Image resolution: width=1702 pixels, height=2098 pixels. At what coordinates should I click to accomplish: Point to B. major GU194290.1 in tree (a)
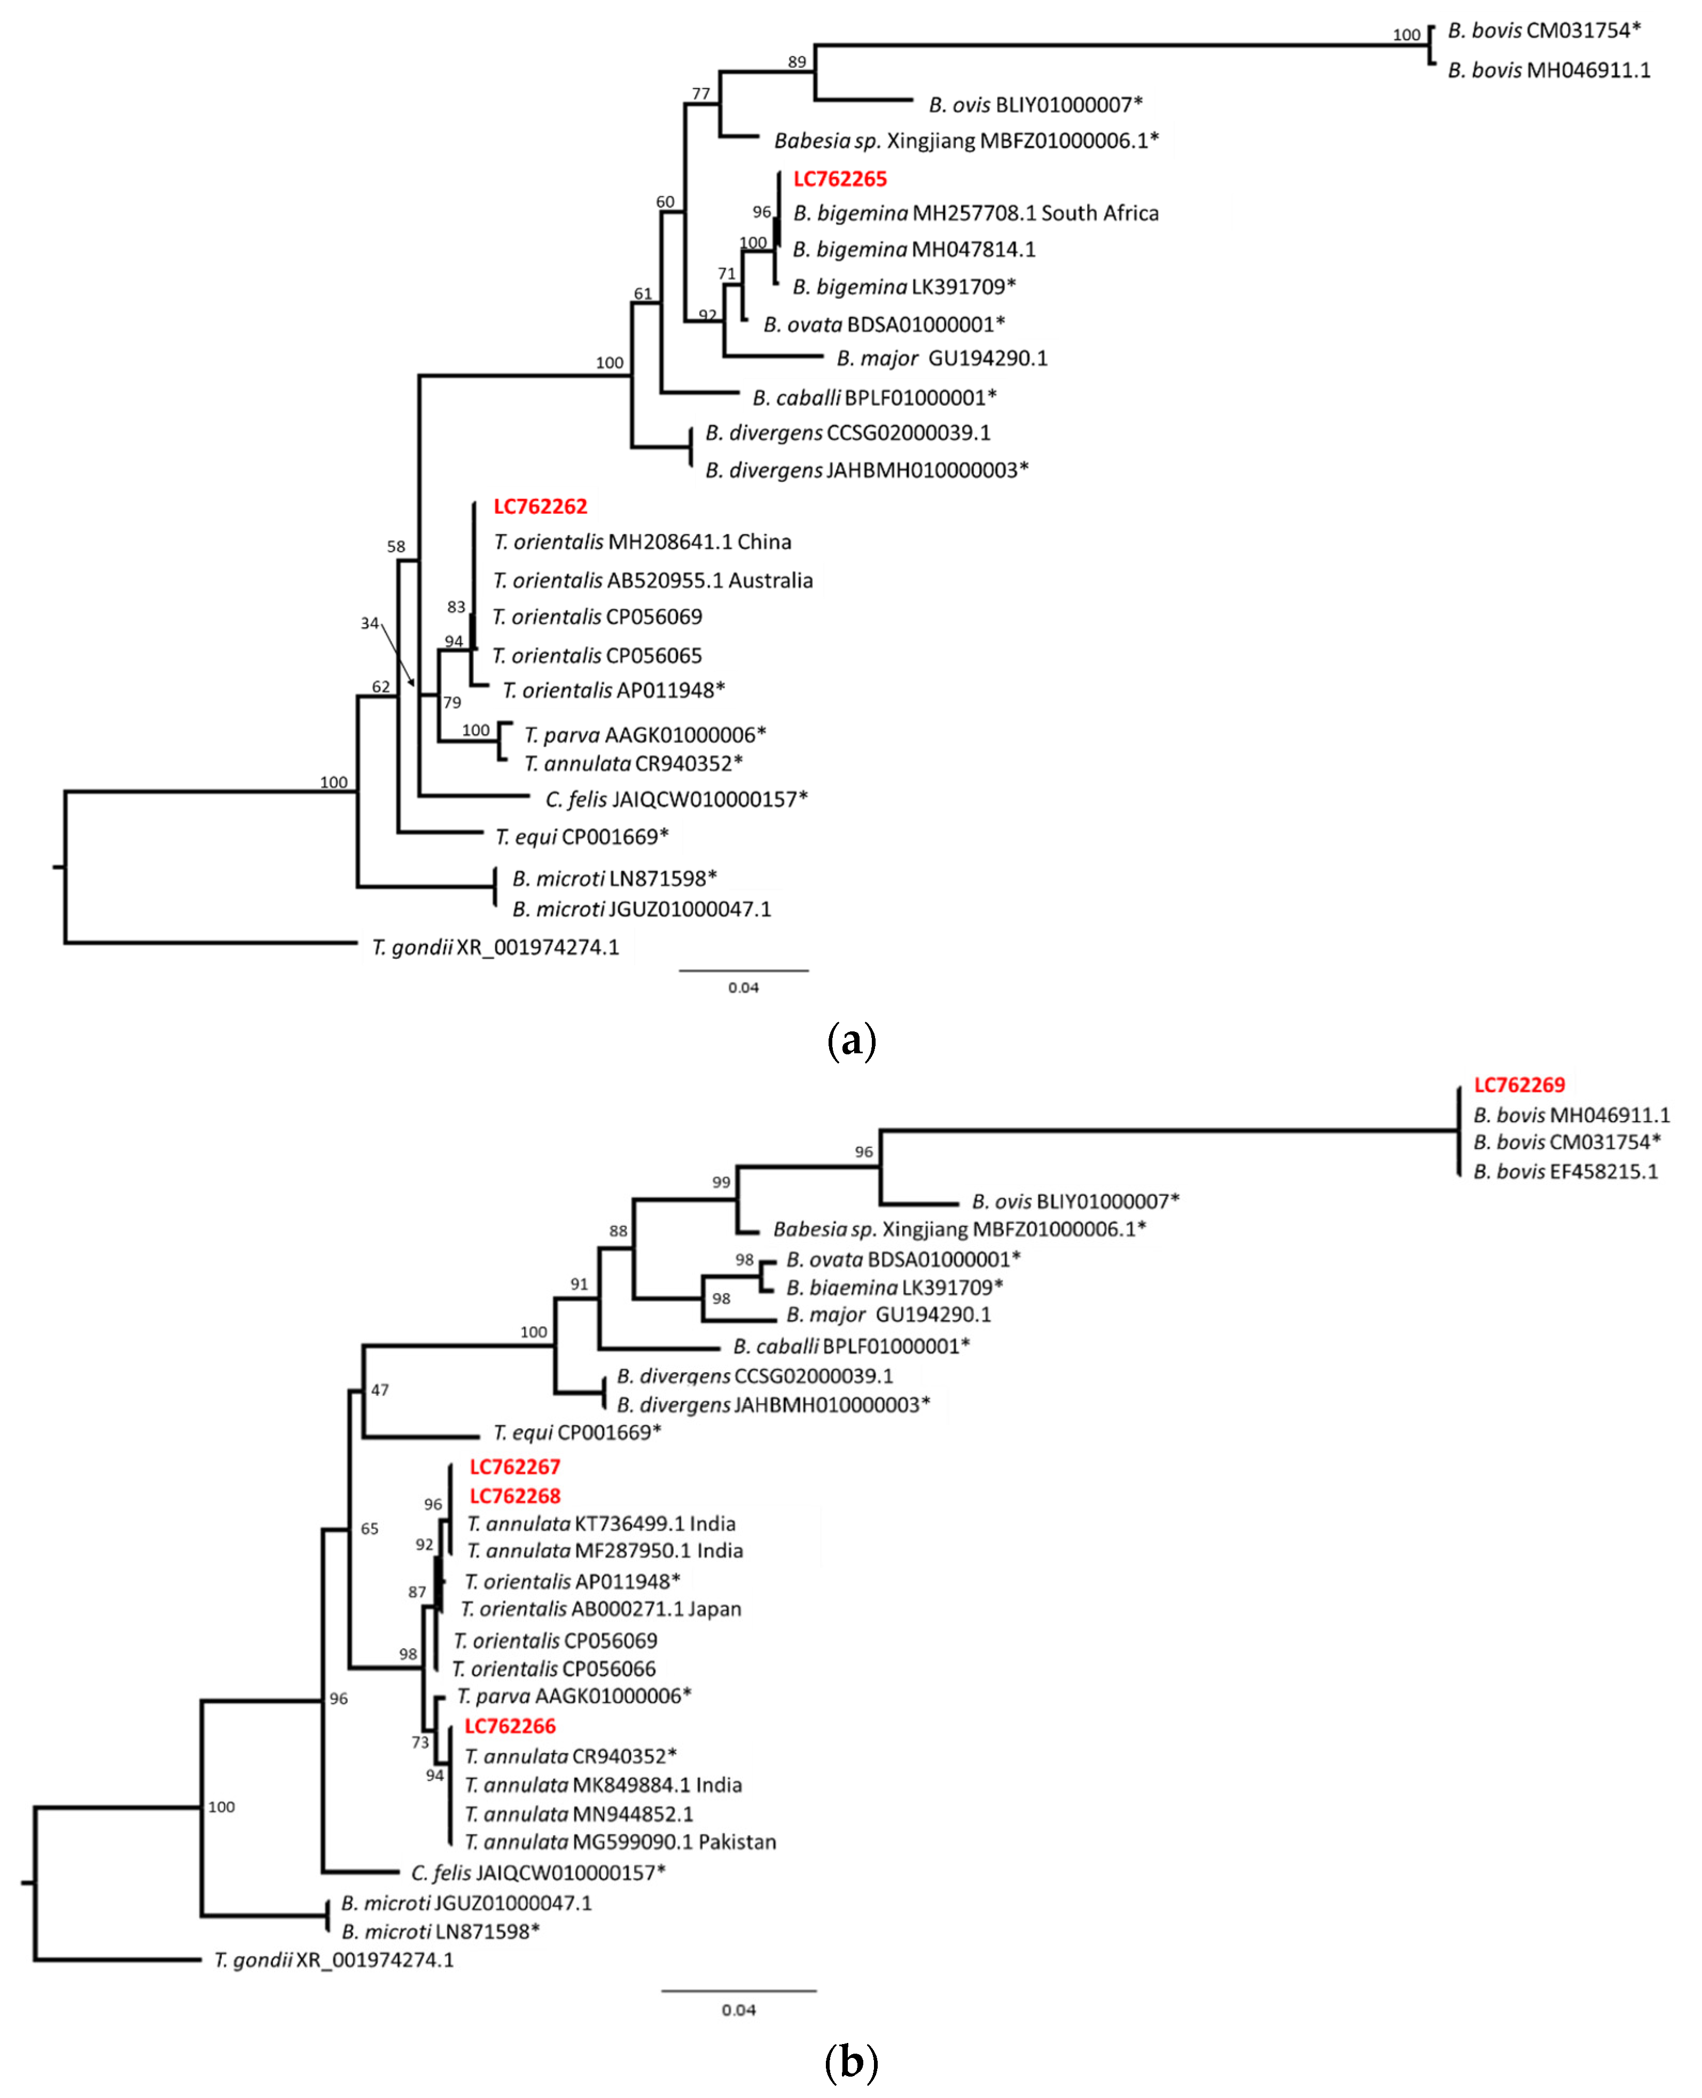tap(941, 358)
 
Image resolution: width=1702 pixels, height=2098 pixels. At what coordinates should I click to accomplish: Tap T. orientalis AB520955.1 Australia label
tap(652, 581)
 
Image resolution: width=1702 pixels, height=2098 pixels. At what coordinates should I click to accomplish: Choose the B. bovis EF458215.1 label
tap(1565, 1171)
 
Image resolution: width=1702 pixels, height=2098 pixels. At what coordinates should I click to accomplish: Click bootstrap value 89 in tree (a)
tap(797, 62)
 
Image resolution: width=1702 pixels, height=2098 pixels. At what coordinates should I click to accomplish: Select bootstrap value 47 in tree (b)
tap(379, 1389)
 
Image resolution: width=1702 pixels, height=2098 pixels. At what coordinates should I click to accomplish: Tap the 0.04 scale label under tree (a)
tap(743, 987)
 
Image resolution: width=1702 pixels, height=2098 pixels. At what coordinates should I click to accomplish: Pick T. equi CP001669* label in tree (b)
tap(576, 1432)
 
